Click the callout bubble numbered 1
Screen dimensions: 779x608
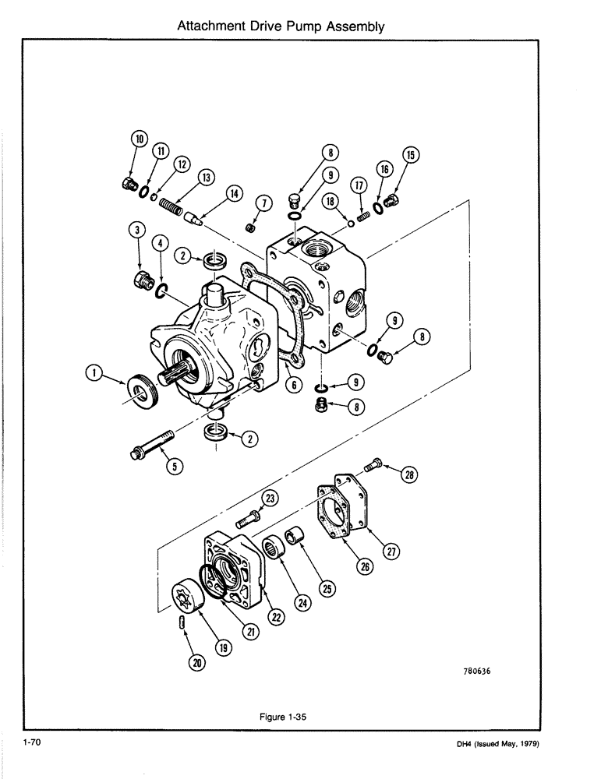click(x=94, y=375)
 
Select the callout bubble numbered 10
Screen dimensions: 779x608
click(x=140, y=139)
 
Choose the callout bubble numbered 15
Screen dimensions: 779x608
click(x=412, y=154)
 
